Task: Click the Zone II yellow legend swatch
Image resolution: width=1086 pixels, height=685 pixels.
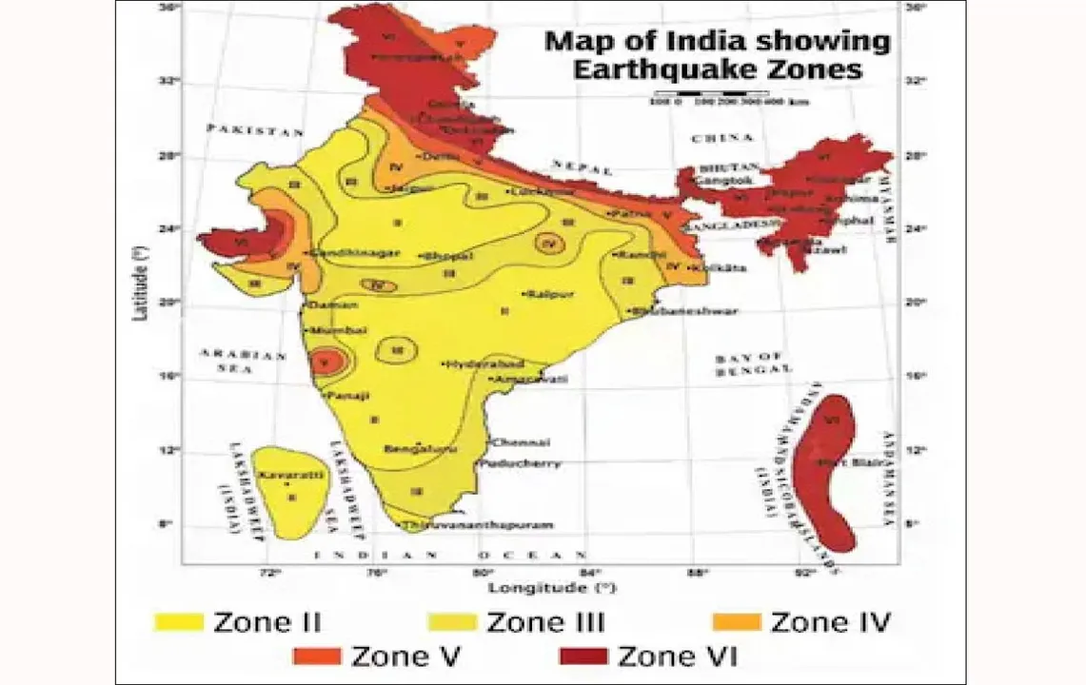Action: click(178, 623)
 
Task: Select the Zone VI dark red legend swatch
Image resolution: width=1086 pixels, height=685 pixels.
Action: click(582, 656)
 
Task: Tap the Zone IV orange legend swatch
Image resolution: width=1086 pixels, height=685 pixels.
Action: click(737, 623)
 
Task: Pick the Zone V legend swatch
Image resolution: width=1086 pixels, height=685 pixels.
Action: click(317, 656)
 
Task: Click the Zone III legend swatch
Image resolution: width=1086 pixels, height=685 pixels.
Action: click(452, 623)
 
